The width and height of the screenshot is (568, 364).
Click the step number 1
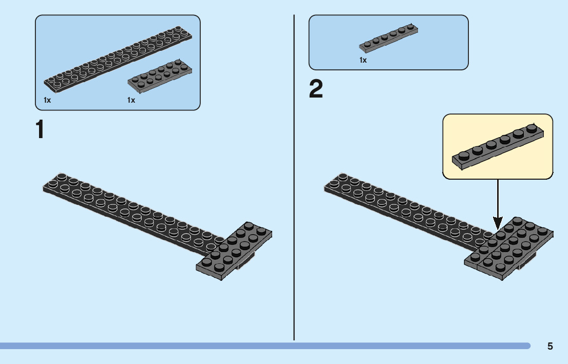40,130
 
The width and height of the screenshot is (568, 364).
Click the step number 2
316,90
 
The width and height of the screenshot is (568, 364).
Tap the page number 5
550,346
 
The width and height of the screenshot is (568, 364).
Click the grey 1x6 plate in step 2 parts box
389,39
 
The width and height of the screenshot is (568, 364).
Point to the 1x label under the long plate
47,100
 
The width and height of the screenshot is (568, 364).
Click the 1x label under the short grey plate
131,100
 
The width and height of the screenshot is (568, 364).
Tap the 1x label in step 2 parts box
363,61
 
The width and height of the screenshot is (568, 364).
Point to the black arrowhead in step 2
497,223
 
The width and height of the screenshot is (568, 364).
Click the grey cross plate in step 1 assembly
236,252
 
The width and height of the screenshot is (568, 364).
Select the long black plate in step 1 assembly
128,210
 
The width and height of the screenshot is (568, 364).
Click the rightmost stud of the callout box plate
533,128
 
